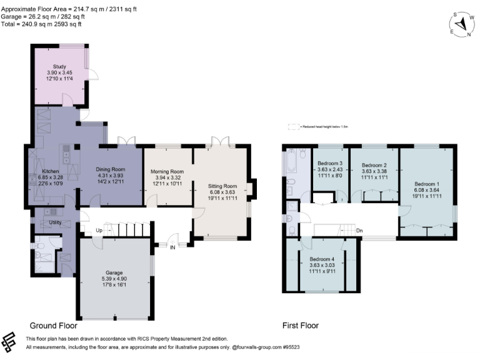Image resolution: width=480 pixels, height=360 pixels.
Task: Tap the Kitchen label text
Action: [51, 171]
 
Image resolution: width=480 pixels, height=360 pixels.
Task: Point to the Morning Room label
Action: [168, 172]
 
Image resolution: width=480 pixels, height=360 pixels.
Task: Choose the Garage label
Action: [113, 272]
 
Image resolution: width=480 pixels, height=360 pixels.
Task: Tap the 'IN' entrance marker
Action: [172, 247]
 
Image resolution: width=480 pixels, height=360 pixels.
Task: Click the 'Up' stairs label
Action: [99, 231]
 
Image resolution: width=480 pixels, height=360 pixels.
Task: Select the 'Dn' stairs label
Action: [359, 231]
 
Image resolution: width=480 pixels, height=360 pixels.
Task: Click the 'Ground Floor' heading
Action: [54, 326]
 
